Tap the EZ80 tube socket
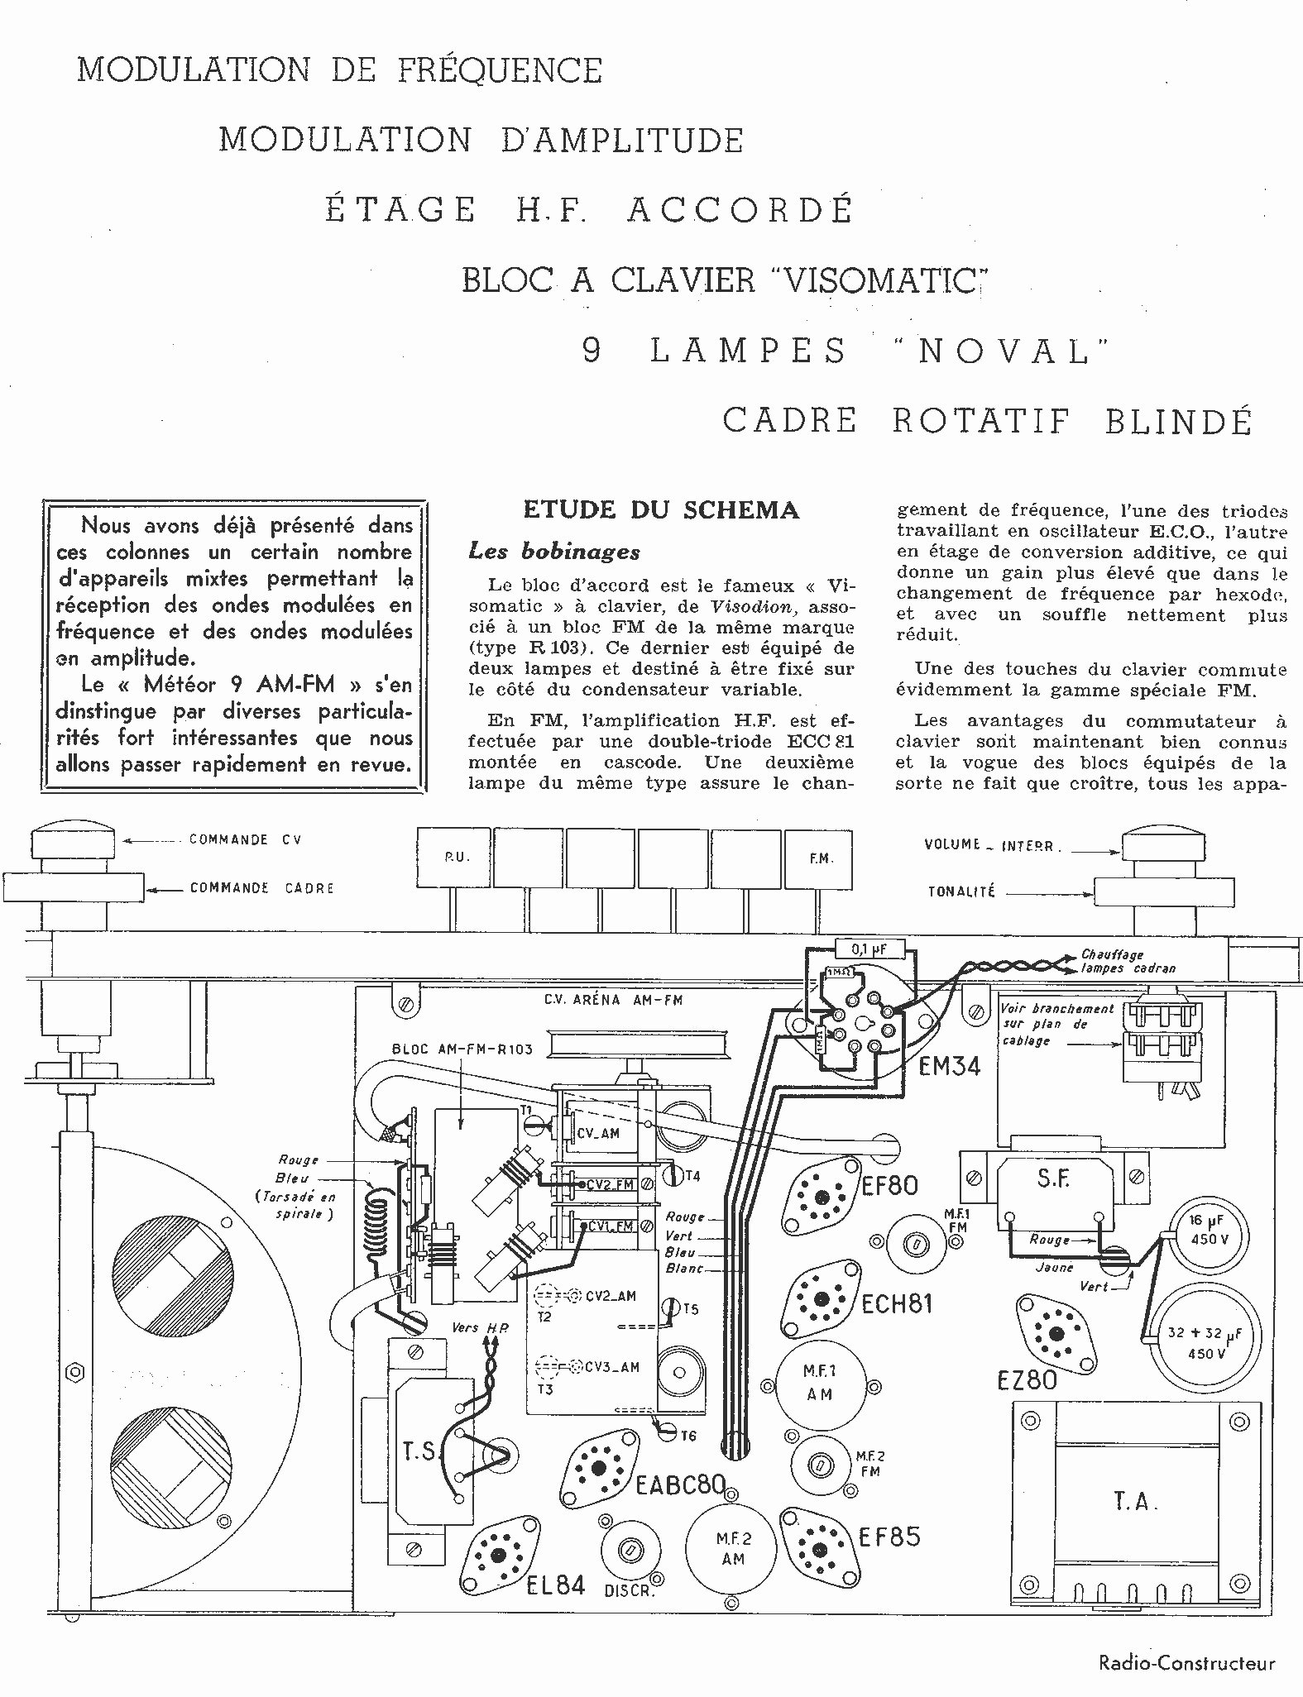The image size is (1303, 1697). (1056, 1334)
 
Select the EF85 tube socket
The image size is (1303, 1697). (818, 1548)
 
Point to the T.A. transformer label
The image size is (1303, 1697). (1132, 1500)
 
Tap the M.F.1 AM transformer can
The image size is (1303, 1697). (819, 1383)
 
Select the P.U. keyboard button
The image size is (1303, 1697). (456, 858)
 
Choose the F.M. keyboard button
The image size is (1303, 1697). (819, 858)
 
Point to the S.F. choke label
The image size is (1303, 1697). (1053, 1179)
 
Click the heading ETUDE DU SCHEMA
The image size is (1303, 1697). (661, 509)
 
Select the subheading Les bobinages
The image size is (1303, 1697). (553, 551)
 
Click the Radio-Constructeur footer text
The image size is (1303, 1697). (1187, 1663)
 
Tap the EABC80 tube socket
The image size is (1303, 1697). (600, 1469)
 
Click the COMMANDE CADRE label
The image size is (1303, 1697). (261, 888)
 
